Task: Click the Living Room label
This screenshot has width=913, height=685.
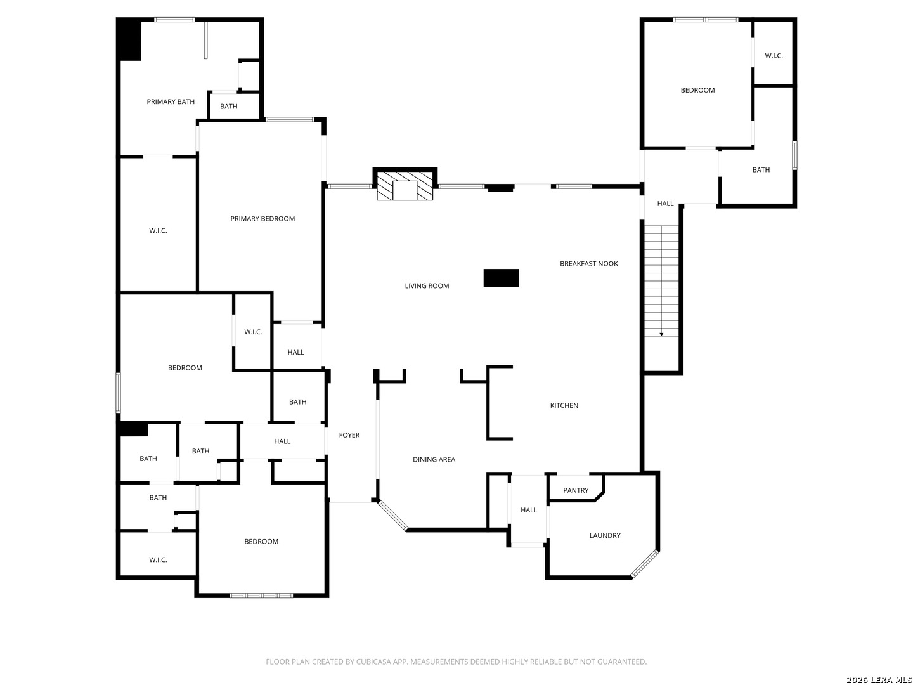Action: point(427,285)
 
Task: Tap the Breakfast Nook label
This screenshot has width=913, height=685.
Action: point(588,264)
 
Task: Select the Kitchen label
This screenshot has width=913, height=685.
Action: point(564,405)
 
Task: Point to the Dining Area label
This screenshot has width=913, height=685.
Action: point(434,460)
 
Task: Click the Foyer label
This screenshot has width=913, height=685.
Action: point(349,435)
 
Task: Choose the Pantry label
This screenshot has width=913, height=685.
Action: point(576,490)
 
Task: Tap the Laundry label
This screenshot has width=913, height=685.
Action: point(605,536)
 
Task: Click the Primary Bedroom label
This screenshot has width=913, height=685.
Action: point(262,219)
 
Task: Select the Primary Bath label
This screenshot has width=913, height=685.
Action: point(171,102)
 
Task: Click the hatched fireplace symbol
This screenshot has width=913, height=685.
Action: point(405,186)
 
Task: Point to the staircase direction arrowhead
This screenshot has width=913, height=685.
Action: point(661,334)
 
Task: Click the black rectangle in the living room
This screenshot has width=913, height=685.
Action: point(501,278)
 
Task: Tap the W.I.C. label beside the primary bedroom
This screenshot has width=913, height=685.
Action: point(158,231)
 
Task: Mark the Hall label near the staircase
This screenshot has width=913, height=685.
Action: point(665,204)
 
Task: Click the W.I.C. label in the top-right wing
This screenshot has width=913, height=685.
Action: point(774,56)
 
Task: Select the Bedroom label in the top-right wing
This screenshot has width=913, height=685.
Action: point(697,90)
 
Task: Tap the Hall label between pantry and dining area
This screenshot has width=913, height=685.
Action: point(529,511)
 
